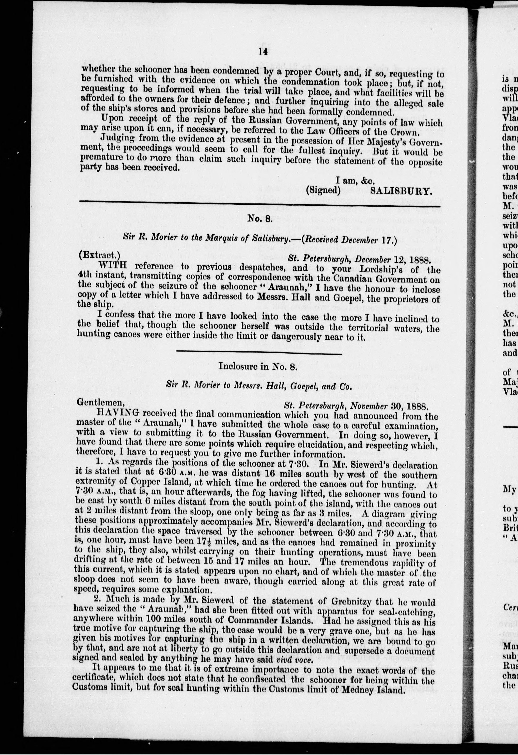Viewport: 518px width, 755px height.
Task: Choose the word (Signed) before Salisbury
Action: click(323, 190)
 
